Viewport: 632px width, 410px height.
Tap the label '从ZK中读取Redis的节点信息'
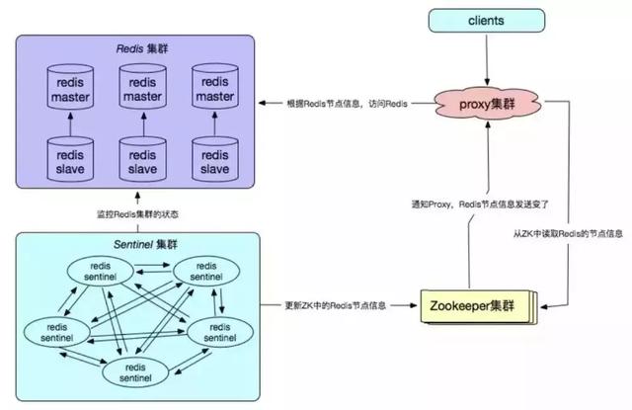(x=565, y=233)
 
